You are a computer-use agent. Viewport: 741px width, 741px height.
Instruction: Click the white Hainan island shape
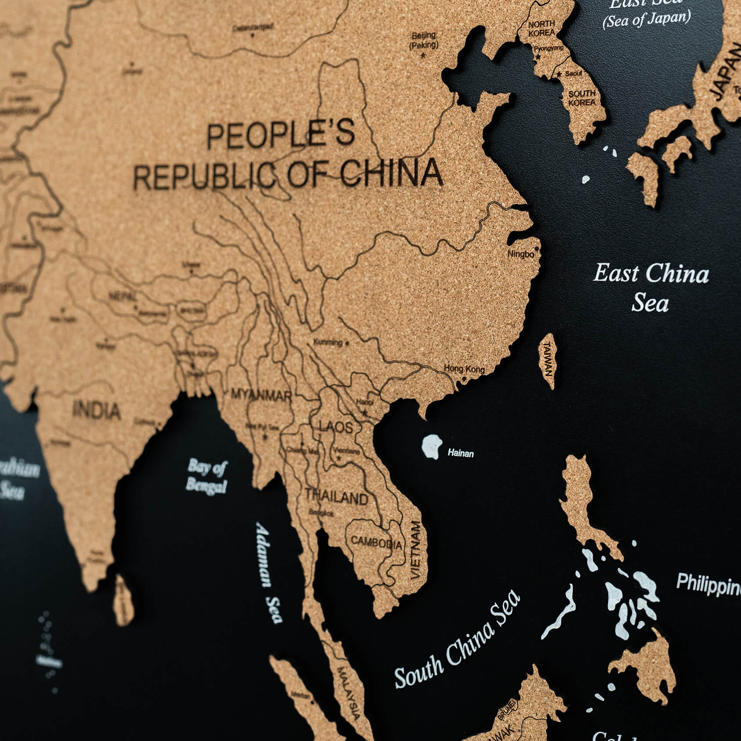[x=431, y=446]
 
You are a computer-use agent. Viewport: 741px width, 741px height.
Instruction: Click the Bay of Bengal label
[x=206, y=476]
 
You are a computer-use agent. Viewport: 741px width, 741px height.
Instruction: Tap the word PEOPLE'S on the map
[x=281, y=135]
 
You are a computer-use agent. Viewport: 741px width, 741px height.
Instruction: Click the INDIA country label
[x=97, y=410]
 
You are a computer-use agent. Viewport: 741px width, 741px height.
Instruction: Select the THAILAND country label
[x=337, y=497]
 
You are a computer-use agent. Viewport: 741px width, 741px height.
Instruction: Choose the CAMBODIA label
[x=376, y=543]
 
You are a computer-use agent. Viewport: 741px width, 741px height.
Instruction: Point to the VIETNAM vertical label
[x=415, y=549]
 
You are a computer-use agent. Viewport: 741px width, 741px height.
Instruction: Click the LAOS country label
[x=336, y=427]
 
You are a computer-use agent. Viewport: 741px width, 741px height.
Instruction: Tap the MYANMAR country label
[x=261, y=395]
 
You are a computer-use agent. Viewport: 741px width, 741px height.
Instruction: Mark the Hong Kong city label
[x=464, y=369]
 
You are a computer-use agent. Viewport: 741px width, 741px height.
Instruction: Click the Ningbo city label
[x=521, y=254]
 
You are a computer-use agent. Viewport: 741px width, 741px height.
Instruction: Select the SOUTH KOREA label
[x=582, y=97]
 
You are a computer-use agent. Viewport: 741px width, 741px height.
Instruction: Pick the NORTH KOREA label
[x=541, y=29]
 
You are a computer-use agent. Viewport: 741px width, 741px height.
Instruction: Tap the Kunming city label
[x=328, y=342]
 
